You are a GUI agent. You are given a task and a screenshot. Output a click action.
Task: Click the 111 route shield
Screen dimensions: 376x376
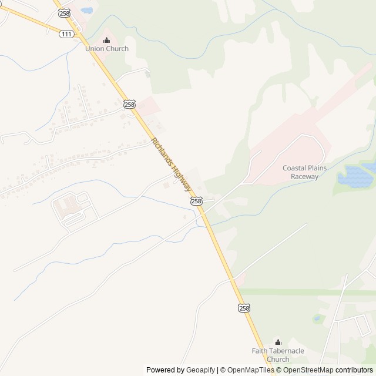(66, 35)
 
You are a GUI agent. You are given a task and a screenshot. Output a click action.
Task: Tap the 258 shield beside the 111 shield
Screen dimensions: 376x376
(65, 13)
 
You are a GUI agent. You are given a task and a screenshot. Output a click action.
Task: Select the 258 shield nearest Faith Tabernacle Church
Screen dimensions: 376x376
(244, 308)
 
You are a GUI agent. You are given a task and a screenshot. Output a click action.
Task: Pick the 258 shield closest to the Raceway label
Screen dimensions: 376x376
(196, 201)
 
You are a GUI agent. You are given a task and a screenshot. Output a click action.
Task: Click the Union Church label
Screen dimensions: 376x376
(106, 49)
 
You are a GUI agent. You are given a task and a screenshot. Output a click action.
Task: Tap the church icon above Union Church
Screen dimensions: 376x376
(106, 40)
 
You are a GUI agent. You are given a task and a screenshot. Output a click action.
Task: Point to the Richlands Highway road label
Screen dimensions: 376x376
(172, 164)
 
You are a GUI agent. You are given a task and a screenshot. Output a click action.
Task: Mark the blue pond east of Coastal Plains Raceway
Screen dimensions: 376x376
(359, 174)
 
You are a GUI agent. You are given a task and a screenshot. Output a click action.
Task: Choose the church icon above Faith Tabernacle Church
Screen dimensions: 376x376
(278, 342)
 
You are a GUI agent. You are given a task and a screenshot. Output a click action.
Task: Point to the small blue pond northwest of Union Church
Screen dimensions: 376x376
(86, 10)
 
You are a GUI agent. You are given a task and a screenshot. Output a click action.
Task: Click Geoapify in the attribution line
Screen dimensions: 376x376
(200, 370)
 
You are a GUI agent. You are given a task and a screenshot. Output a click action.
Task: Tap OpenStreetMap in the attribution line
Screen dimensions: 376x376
(309, 370)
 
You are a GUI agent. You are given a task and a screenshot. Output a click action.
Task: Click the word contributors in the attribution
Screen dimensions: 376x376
(355, 370)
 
